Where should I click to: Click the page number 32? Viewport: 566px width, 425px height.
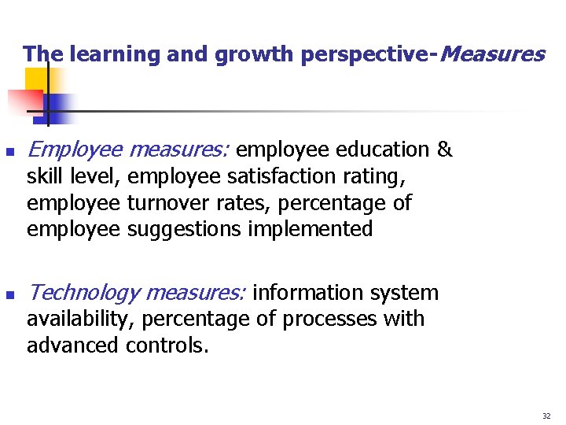tap(546, 415)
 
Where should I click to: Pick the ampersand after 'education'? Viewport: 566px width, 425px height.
tap(444, 150)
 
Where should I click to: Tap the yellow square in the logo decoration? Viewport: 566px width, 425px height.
tap(35, 79)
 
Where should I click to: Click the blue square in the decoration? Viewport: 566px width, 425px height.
tap(57, 106)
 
